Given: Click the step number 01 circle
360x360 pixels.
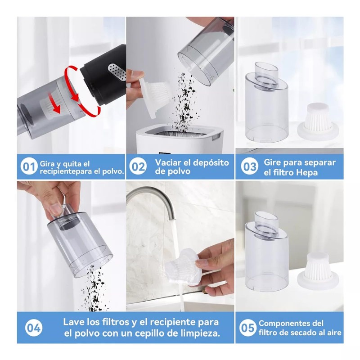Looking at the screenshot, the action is (29, 166).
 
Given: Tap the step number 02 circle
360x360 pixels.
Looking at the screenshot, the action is (138, 166).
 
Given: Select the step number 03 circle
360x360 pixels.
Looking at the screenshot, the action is (249, 166).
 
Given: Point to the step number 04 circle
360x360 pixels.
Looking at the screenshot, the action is (34, 328).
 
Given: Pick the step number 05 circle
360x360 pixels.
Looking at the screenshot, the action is (247, 328).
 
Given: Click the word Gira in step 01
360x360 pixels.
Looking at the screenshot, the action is (47, 164).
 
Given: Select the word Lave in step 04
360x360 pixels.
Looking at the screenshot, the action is (73, 322).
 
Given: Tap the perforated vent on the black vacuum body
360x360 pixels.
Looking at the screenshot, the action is (117, 72).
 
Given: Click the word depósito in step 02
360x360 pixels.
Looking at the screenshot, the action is (211, 163).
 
